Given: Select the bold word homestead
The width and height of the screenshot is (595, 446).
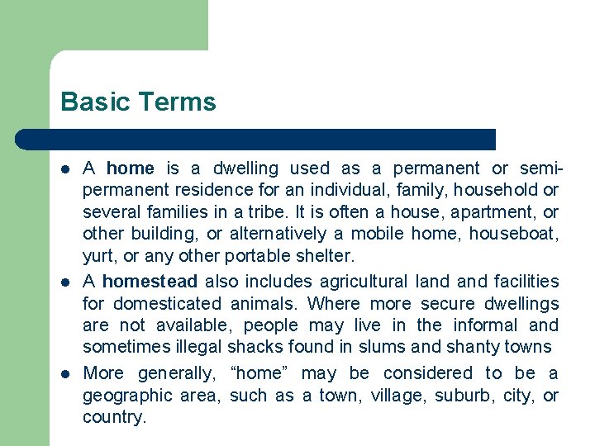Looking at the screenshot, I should (x=150, y=282).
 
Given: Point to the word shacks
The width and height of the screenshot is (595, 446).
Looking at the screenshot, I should (x=255, y=346).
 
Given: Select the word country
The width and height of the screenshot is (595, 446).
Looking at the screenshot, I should (x=114, y=416).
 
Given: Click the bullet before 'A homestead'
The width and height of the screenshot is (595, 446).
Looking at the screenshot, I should (x=65, y=282).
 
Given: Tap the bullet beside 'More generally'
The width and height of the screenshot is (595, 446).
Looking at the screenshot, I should (x=65, y=373).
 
